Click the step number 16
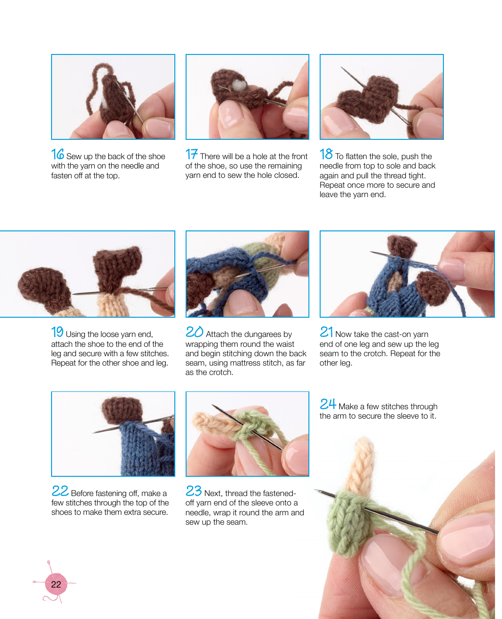[58, 154]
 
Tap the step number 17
[192, 154]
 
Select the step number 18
[326, 154]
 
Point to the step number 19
[57, 332]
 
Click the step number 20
[195, 332]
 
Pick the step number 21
[326, 332]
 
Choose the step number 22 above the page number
[60, 491]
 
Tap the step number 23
[194, 491]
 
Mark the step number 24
[328, 404]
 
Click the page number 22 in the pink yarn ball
[56, 584]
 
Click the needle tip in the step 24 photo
[315, 490]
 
